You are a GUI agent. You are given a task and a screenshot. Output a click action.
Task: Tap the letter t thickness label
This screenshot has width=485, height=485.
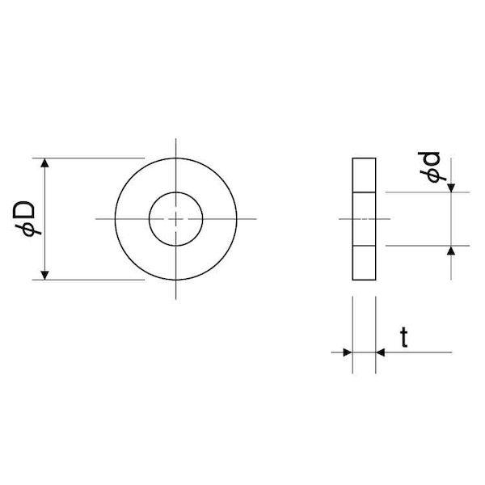(404, 337)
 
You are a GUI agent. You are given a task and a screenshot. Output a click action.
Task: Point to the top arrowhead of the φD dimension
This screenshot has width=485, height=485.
(44, 162)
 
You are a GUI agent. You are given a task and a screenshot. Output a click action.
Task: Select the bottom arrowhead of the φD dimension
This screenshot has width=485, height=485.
(44, 276)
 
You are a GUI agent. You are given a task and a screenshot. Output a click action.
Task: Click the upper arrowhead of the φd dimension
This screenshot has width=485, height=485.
(451, 188)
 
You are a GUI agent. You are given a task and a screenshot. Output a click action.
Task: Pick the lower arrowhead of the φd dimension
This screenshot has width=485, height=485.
(451, 251)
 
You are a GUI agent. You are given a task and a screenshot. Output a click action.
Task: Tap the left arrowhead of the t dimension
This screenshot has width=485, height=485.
(348, 352)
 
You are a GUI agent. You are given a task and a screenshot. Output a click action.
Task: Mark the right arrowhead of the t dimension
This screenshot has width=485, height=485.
(380, 352)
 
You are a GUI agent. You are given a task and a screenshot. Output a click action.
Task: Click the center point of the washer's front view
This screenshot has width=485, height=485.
(176, 219)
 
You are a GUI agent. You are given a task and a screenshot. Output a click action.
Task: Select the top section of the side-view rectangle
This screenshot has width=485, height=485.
(364, 175)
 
